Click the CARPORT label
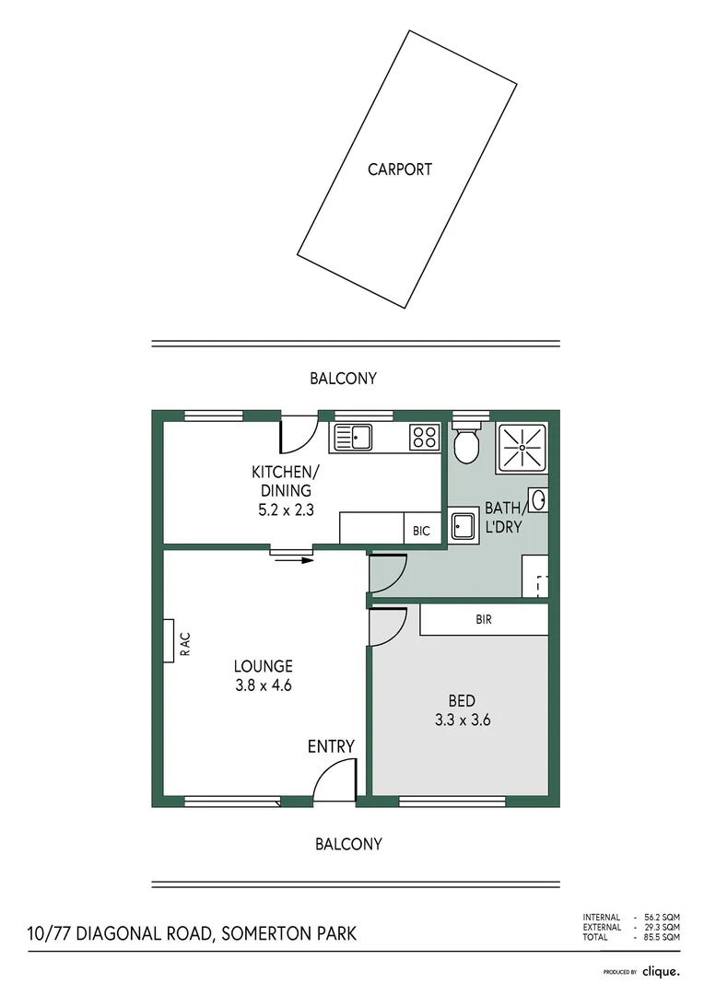tap(400, 170)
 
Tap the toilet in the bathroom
tap(466, 445)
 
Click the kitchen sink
tap(353, 437)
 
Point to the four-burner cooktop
tap(425, 437)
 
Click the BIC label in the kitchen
tap(421, 532)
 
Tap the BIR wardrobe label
tap(484, 620)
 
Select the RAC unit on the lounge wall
tap(169, 640)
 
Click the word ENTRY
tap(331, 746)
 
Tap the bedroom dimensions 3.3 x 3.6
tap(462, 720)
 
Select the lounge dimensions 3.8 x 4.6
tap(263, 685)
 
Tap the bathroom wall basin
tap(539, 500)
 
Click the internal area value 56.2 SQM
tap(662, 918)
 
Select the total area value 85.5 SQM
tap(662, 937)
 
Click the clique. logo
tap(661, 971)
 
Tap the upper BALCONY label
tap(343, 379)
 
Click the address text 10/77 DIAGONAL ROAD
tap(120, 934)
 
